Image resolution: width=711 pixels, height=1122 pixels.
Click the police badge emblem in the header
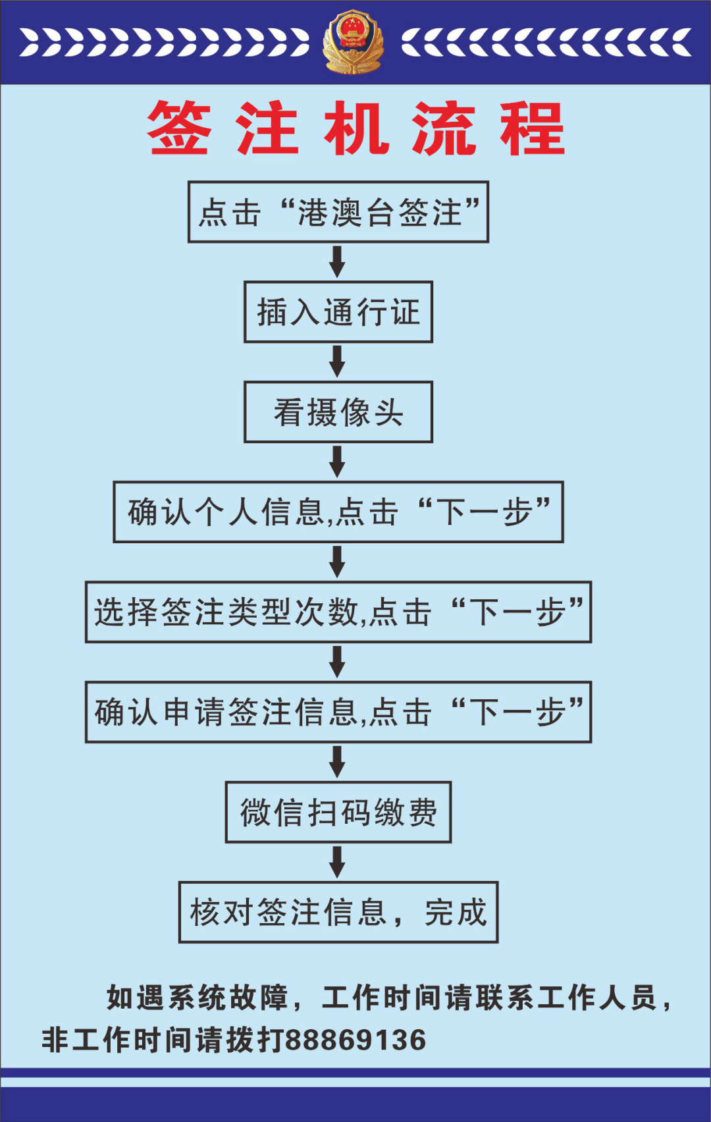tap(354, 41)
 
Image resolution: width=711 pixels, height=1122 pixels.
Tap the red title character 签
tap(179, 128)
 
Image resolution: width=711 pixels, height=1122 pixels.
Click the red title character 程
tap(532, 128)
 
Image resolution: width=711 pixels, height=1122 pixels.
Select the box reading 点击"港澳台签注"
tap(338, 212)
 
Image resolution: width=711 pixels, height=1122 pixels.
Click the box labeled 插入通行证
tap(338, 312)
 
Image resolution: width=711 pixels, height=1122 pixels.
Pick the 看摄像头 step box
tap(338, 412)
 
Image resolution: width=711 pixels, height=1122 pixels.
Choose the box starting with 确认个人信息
tap(338, 512)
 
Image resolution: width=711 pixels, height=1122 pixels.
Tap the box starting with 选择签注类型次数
tap(338, 612)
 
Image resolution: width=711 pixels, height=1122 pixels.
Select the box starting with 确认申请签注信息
tap(338, 712)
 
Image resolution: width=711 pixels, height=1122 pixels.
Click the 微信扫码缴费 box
tap(338, 813)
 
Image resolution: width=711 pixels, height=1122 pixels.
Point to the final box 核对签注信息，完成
tap(338, 913)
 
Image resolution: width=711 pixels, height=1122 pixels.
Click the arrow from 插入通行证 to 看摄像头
tap(338, 361)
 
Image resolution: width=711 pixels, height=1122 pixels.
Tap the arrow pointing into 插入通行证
tap(338, 261)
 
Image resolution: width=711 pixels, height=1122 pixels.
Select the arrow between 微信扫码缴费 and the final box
tap(338, 862)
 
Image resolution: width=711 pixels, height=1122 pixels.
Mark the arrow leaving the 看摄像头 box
tap(338, 462)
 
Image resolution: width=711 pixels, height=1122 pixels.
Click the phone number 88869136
tap(356, 1040)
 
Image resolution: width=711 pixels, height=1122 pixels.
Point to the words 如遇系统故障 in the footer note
tap(197, 998)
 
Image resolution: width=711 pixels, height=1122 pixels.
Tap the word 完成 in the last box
tap(456, 913)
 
